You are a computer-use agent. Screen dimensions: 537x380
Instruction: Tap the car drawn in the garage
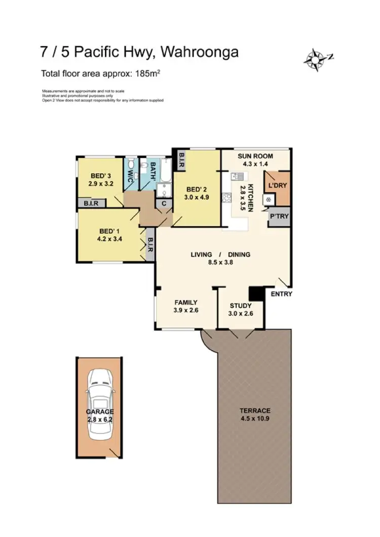[x=100, y=405]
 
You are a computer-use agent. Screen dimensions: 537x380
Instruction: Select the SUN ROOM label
[x=256, y=156]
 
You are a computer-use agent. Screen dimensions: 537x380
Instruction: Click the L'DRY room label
[x=278, y=186]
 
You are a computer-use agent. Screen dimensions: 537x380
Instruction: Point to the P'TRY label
[x=279, y=217]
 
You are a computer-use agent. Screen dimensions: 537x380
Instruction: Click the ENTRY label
[x=282, y=294]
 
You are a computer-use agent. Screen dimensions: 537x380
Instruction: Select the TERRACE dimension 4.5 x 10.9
[x=255, y=419]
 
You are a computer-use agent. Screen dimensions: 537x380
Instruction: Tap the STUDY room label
[x=241, y=306]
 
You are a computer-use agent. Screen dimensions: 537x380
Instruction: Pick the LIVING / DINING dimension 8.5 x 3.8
[x=220, y=262]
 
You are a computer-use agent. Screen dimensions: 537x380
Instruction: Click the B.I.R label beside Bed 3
[x=92, y=203]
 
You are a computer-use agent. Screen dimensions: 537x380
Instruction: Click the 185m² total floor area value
[x=147, y=74]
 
